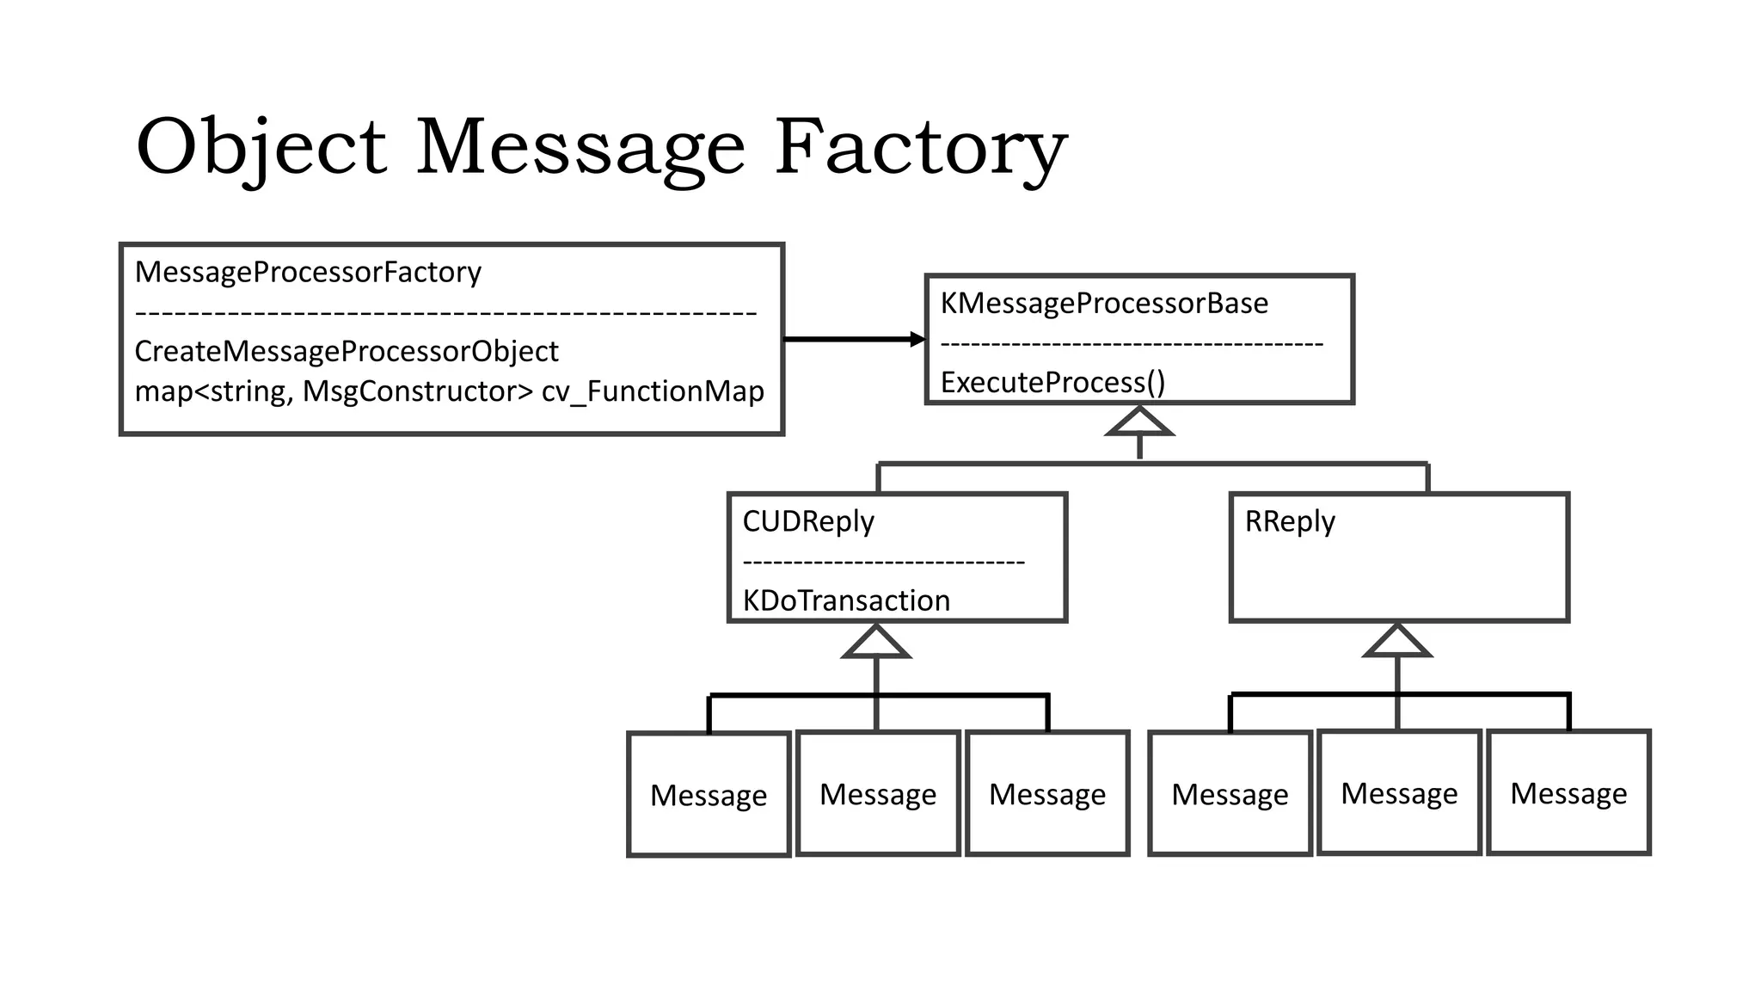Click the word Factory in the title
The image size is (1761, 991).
click(920, 148)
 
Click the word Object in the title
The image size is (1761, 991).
click(261, 148)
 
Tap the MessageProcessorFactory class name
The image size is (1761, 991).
click(308, 272)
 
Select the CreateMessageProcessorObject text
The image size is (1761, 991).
click(347, 351)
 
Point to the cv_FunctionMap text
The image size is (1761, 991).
click(653, 391)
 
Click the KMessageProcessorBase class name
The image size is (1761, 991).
click(1104, 303)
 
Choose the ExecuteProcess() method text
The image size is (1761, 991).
click(1052, 382)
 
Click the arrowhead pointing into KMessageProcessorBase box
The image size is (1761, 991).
click(917, 340)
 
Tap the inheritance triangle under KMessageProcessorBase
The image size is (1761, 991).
click(1139, 422)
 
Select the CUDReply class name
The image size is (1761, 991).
click(808, 521)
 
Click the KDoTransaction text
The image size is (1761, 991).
click(846, 600)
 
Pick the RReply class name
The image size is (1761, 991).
click(1290, 521)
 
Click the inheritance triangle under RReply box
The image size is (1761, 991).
click(1397, 642)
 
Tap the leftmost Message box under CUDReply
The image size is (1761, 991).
click(709, 795)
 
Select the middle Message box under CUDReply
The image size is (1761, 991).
click(878, 794)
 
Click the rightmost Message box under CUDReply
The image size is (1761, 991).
click(1047, 794)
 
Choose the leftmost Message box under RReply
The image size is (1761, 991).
click(1230, 794)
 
